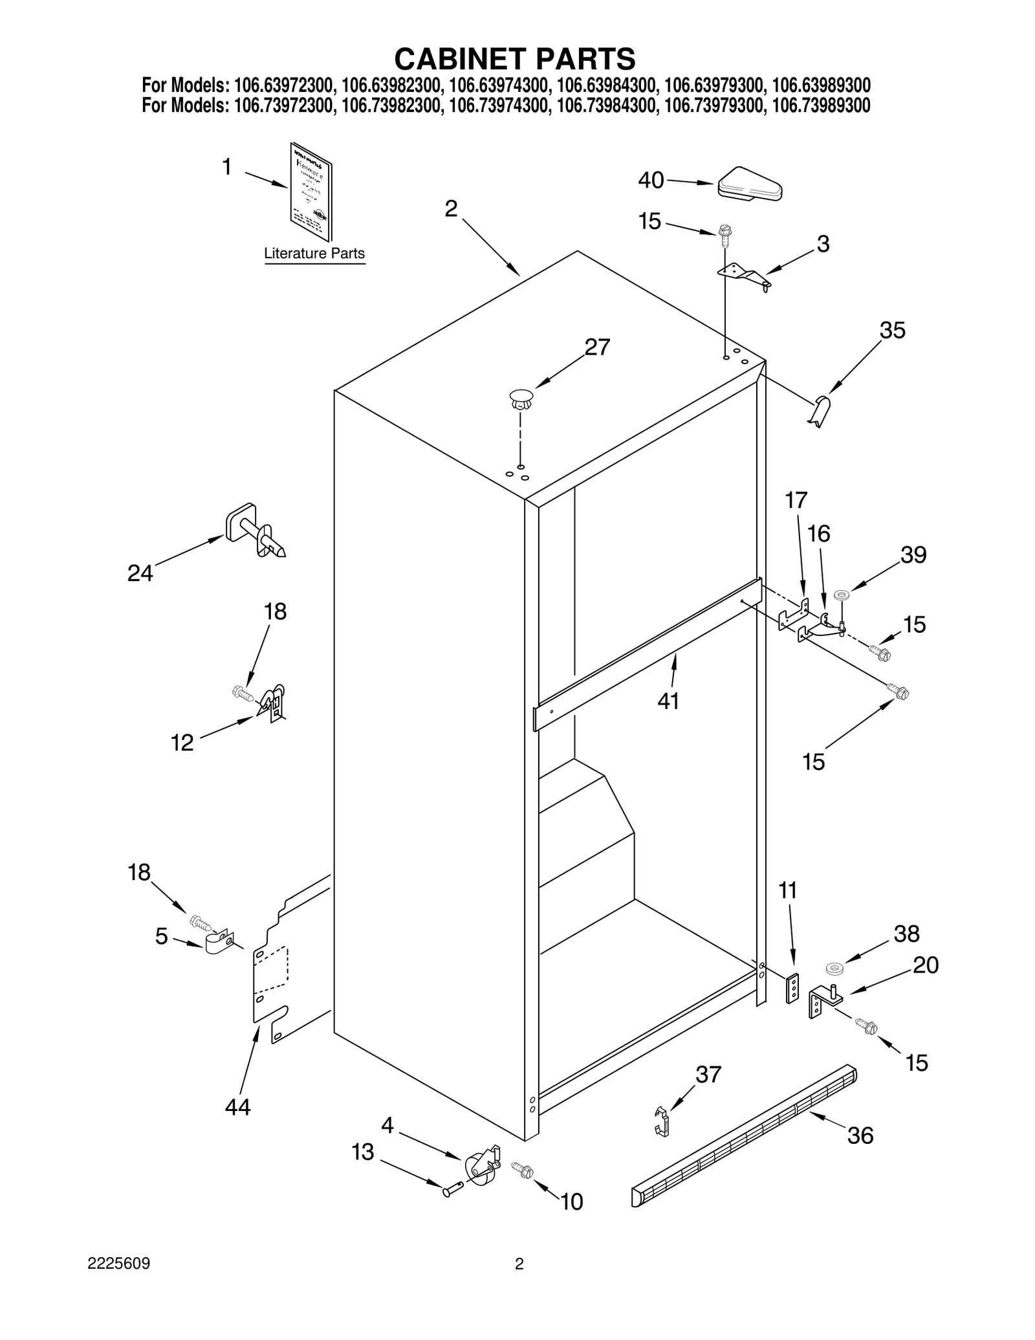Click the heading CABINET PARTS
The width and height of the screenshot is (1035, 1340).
(515, 59)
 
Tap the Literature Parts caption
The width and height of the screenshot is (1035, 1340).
(314, 254)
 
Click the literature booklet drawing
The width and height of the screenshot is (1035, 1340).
(312, 192)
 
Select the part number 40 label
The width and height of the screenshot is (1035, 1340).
(651, 181)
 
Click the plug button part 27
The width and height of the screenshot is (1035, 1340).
(521, 399)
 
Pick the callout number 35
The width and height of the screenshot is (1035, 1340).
(892, 331)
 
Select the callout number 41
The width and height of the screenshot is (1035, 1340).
(668, 701)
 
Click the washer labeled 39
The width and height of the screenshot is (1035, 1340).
(842, 595)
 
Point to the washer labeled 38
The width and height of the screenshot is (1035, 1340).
(836, 969)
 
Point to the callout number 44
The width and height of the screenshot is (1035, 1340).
(237, 1107)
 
